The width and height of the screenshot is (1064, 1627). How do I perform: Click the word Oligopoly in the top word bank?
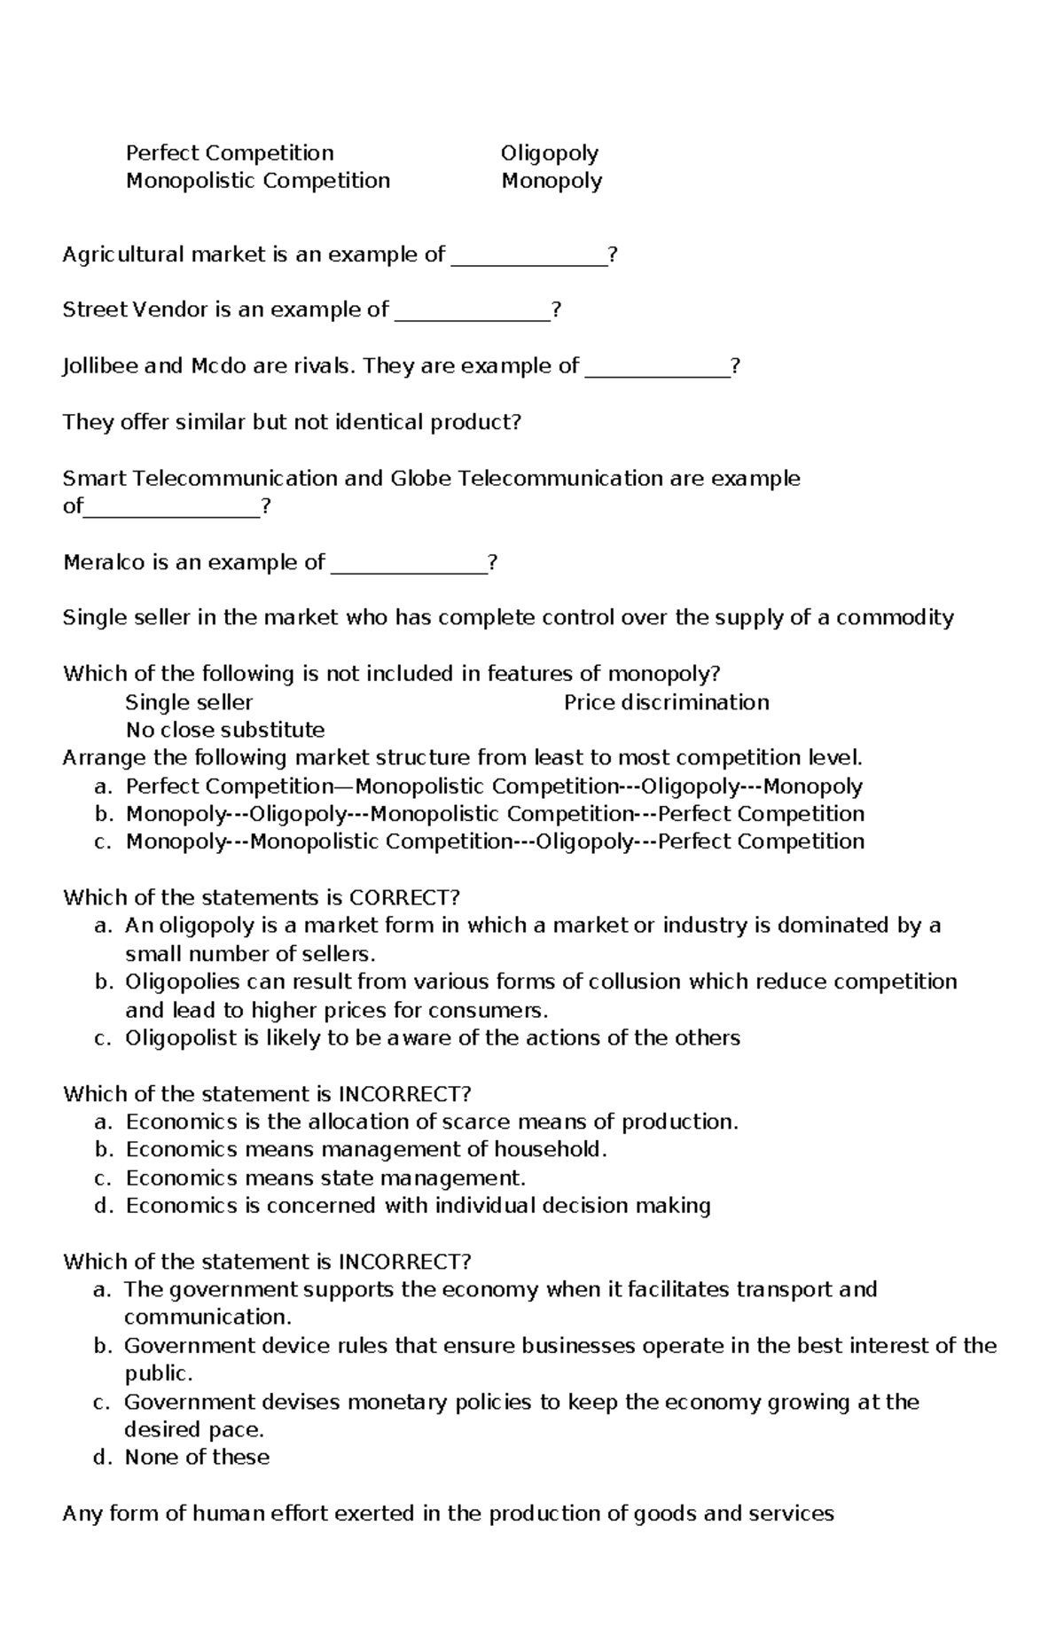tap(549, 153)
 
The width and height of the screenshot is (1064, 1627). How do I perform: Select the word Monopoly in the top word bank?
tap(552, 181)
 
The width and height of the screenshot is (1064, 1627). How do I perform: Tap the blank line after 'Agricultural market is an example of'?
tap(529, 261)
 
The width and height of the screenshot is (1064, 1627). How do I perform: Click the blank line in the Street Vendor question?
tap(472, 316)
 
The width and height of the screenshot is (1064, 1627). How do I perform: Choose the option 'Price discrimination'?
tap(666, 702)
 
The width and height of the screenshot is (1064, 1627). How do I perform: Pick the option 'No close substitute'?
tap(225, 730)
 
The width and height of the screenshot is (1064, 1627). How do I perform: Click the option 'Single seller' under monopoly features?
tap(189, 702)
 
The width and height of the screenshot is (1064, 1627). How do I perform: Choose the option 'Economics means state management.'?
tap(325, 1177)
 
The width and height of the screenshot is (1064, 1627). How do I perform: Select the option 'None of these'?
tap(197, 1457)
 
